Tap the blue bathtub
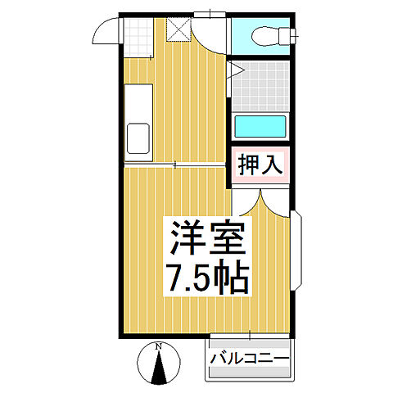260,127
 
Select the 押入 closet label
260,165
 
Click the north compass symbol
159,364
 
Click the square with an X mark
178,28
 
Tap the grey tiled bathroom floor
260,87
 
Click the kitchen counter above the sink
136,102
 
